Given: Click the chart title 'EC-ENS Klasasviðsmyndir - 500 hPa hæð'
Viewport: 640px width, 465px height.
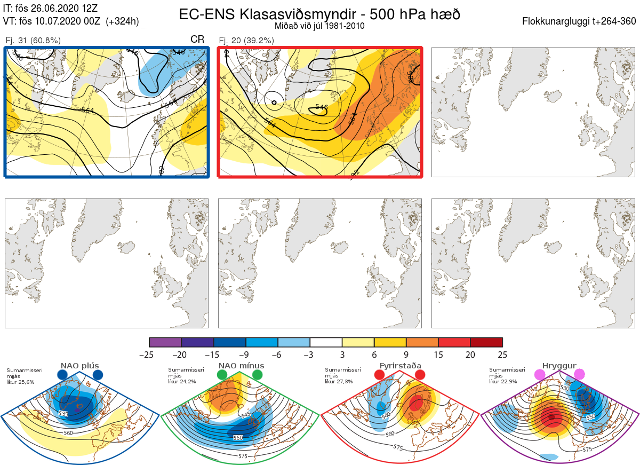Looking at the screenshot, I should pos(319,14).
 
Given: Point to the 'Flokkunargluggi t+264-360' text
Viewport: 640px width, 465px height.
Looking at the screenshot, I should pos(580,21).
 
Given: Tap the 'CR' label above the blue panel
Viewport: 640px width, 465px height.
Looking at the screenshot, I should pos(197,40).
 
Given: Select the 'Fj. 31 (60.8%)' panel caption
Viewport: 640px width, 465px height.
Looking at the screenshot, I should pos(33,41).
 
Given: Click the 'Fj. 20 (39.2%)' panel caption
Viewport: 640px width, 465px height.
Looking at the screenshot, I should pos(246,41).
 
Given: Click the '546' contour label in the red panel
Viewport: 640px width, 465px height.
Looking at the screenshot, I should pos(321,107).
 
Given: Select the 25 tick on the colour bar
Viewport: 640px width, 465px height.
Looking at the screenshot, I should pos(502,354).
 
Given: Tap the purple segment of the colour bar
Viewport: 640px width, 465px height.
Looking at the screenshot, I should pos(165,342).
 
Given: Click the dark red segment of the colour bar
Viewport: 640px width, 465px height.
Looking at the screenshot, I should pos(486,342).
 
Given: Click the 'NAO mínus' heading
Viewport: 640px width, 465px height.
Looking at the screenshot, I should pos(241,366).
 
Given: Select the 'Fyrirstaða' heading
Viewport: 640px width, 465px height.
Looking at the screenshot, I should pos(401,366).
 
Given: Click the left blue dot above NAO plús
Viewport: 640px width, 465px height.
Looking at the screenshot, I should pos(62,375).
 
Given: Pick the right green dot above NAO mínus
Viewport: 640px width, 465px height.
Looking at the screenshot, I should pos(258,375).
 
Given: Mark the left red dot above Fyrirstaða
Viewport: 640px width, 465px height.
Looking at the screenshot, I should pos(380,375).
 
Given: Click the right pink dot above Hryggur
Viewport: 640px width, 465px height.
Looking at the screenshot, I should pos(580,375).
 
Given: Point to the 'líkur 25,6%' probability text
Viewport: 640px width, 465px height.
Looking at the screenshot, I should pos(20,382).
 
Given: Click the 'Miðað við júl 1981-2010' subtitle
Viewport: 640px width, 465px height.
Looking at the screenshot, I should pos(319,26).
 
